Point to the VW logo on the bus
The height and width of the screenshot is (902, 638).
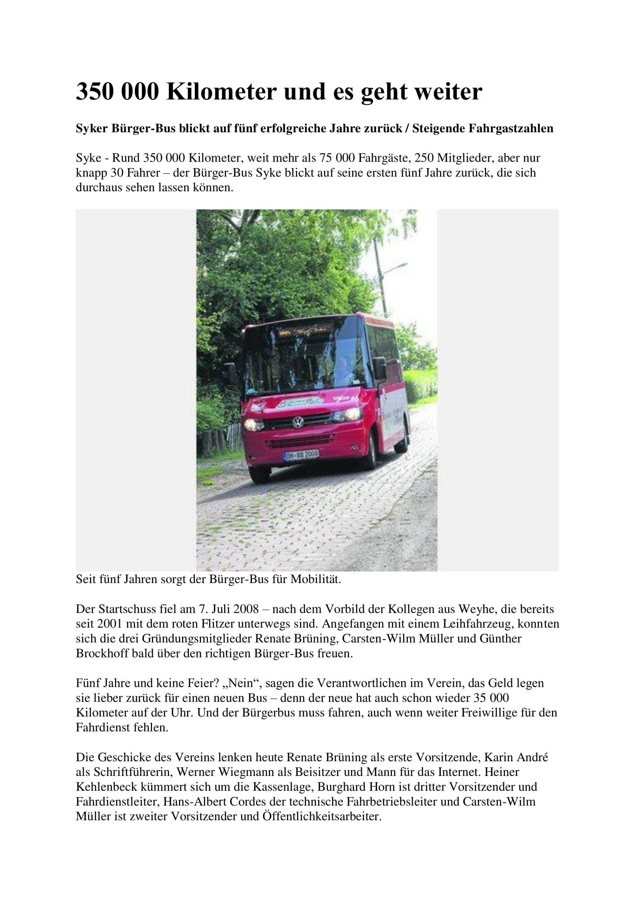pos(298,422)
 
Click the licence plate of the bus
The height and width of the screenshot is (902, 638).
pos(301,455)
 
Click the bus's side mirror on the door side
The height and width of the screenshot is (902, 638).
pos(380,368)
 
